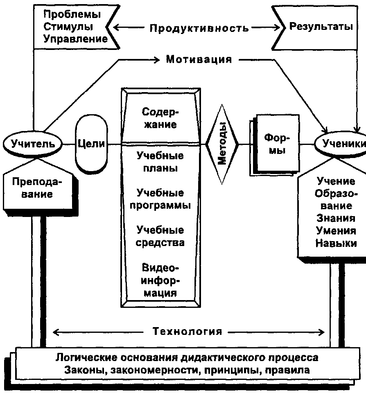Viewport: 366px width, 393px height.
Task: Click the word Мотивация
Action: point(199,59)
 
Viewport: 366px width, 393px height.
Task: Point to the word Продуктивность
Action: point(199,28)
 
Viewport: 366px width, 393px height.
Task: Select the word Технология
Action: point(188,331)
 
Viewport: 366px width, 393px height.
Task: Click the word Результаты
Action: point(321,26)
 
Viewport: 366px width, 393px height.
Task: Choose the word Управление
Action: point(75,39)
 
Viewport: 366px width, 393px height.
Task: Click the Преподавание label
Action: point(37,188)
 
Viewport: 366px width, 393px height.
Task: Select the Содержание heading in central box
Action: point(160,118)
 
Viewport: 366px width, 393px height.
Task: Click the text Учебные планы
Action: point(160,162)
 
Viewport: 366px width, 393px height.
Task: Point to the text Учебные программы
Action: point(160,199)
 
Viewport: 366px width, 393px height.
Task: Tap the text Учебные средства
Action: point(160,236)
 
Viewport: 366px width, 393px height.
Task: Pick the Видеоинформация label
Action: point(160,280)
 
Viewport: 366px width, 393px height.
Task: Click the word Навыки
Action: point(336,243)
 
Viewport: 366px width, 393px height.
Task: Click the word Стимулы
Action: point(68,27)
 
